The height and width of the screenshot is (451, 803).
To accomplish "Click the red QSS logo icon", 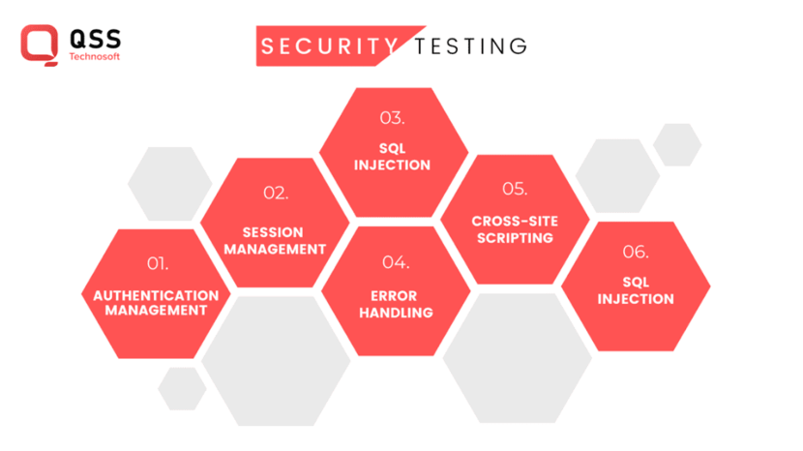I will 39,45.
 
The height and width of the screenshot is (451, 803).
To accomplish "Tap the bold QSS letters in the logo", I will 95,39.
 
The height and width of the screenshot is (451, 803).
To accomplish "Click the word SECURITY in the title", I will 329,46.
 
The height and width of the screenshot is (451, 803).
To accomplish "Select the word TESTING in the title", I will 470,46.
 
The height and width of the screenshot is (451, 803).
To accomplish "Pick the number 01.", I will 158,263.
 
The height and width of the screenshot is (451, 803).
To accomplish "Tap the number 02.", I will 276,193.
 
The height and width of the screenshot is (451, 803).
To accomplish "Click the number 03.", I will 392,118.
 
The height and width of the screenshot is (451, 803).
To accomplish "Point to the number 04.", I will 396,262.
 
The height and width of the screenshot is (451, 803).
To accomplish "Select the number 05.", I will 515,188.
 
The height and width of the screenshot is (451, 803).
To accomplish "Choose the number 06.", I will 636,252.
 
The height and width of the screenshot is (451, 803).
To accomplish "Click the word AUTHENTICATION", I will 157,295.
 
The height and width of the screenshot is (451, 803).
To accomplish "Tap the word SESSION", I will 273,232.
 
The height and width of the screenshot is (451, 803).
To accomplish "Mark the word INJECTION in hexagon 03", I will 392,165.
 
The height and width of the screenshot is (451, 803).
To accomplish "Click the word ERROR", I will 396,297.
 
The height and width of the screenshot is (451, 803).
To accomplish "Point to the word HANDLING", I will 396,313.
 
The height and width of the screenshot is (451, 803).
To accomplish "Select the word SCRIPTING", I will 515,237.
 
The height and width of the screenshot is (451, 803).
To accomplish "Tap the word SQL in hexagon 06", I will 636,283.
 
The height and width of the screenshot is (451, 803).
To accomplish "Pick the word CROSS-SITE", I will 515,221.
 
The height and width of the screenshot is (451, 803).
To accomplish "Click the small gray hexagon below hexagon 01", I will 182,388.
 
